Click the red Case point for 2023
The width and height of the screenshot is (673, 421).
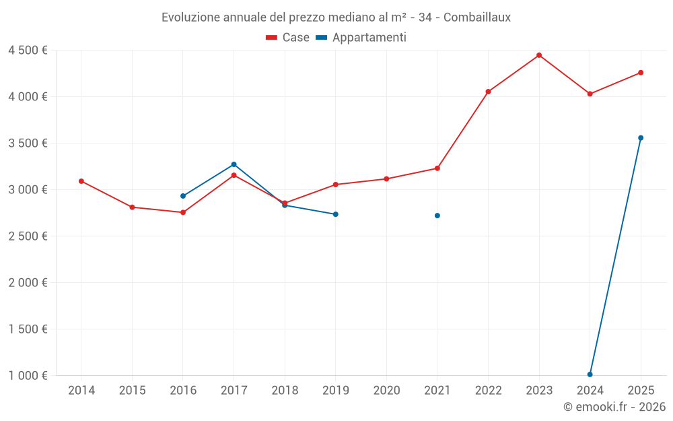click(539, 55)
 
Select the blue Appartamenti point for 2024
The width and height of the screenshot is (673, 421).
click(590, 375)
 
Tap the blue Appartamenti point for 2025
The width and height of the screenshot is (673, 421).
click(641, 138)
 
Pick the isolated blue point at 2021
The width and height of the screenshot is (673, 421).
click(437, 216)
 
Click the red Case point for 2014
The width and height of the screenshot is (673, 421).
click(81, 181)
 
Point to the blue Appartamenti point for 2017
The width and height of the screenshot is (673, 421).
click(234, 164)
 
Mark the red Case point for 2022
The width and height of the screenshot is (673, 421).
click(488, 92)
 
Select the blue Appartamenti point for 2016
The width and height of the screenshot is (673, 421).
click(183, 196)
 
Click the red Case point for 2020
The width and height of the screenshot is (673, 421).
click(386, 179)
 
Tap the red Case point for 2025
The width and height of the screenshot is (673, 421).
click(641, 73)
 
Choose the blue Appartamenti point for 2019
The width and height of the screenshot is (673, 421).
click(336, 214)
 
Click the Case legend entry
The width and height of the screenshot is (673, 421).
click(288, 38)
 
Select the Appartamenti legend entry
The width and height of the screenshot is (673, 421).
click(361, 38)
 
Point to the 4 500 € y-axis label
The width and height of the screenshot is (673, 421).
click(28, 51)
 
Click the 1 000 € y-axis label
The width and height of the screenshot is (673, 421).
click(28, 375)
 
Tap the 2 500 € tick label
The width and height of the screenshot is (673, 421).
click(28, 236)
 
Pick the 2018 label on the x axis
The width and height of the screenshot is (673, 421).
click(285, 391)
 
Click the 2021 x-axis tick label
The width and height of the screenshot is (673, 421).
click(437, 391)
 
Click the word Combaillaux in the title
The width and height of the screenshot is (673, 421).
click(478, 18)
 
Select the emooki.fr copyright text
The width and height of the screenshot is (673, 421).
click(614, 407)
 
